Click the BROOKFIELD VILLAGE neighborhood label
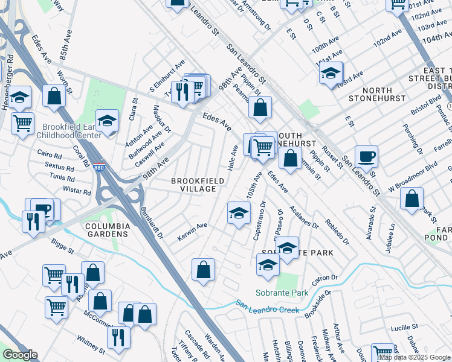click(193, 185)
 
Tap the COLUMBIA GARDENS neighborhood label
click(108, 230)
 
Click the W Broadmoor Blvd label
click(413, 172)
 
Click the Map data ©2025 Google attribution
click(415, 357)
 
